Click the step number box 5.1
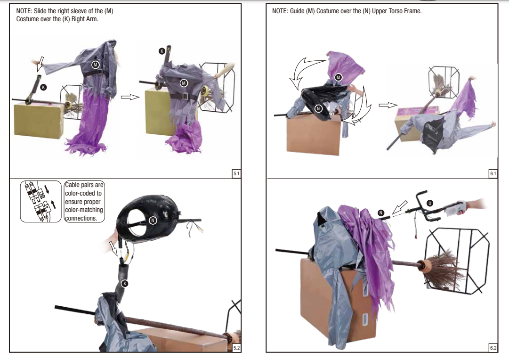(x=236, y=173)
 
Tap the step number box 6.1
(x=493, y=173)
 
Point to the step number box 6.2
(x=493, y=348)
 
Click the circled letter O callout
(x=429, y=204)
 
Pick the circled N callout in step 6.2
(x=381, y=213)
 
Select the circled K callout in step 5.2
(x=125, y=283)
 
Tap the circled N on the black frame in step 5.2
(x=153, y=221)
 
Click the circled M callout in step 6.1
(x=338, y=77)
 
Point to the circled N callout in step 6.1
(x=318, y=108)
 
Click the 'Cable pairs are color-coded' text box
(x=84, y=202)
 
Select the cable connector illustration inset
(x=40, y=202)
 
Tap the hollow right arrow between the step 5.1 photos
(x=130, y=97)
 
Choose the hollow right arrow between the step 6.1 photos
(x=388, y=105)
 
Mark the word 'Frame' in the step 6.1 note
(x=412, y=11)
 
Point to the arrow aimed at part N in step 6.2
(x=400, y=207)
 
